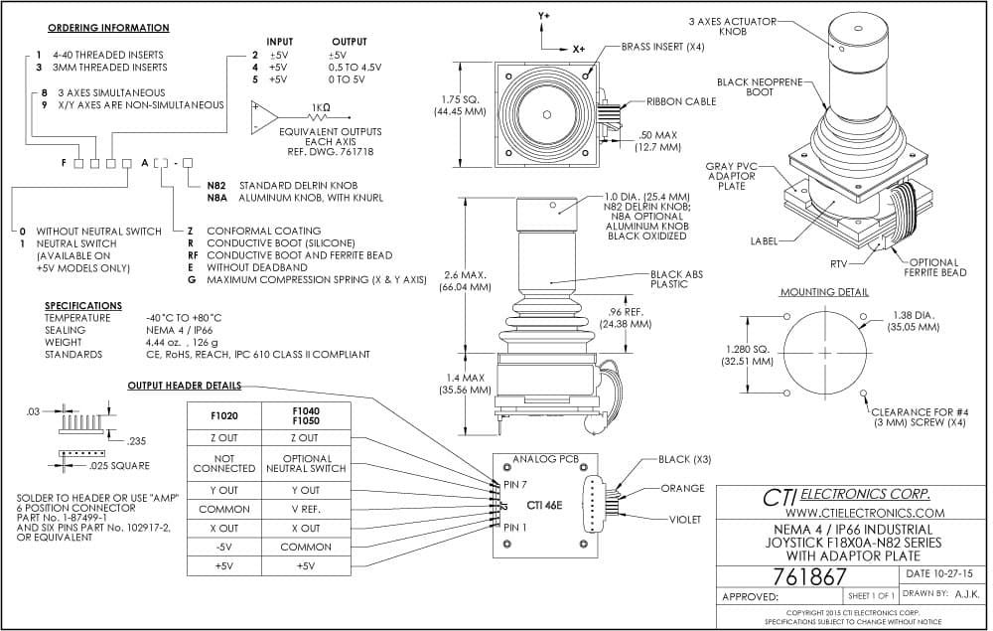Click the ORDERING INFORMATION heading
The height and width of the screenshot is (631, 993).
point(108,28)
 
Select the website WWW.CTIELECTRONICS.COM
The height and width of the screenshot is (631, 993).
point(865,513)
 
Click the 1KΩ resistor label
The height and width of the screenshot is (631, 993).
point(321,107)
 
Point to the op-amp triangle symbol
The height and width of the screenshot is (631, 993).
point(264,118)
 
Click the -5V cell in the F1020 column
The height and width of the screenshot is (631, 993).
point(224,547)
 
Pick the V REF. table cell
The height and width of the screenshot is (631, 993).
point(306,509)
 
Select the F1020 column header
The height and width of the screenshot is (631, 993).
point(224,416)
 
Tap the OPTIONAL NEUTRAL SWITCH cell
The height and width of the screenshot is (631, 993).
point(306,464)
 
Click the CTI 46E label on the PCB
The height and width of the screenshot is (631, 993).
point(544,506)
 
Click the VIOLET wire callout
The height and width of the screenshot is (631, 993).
point(685,520)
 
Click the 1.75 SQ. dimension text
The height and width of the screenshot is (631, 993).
point(461,99)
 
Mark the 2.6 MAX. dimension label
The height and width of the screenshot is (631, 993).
point(465,275)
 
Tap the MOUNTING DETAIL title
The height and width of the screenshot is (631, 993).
point(824,292)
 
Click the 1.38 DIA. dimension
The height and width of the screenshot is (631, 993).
point(914,316)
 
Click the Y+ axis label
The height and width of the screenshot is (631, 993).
point(544,17)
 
